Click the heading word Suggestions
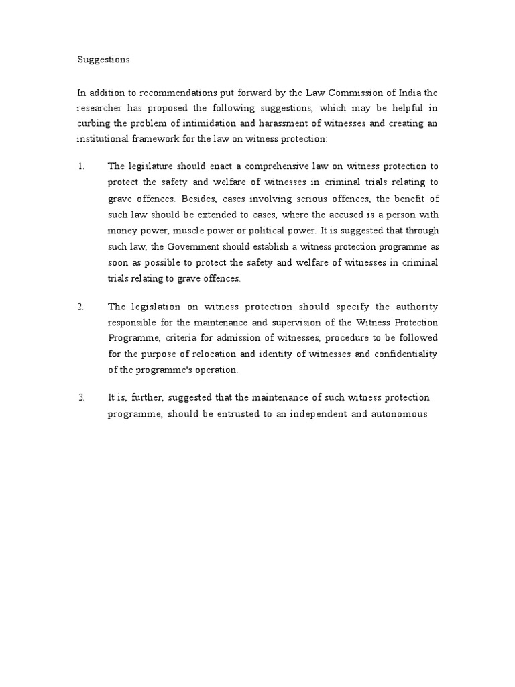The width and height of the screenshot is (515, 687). tap(103, 60)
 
